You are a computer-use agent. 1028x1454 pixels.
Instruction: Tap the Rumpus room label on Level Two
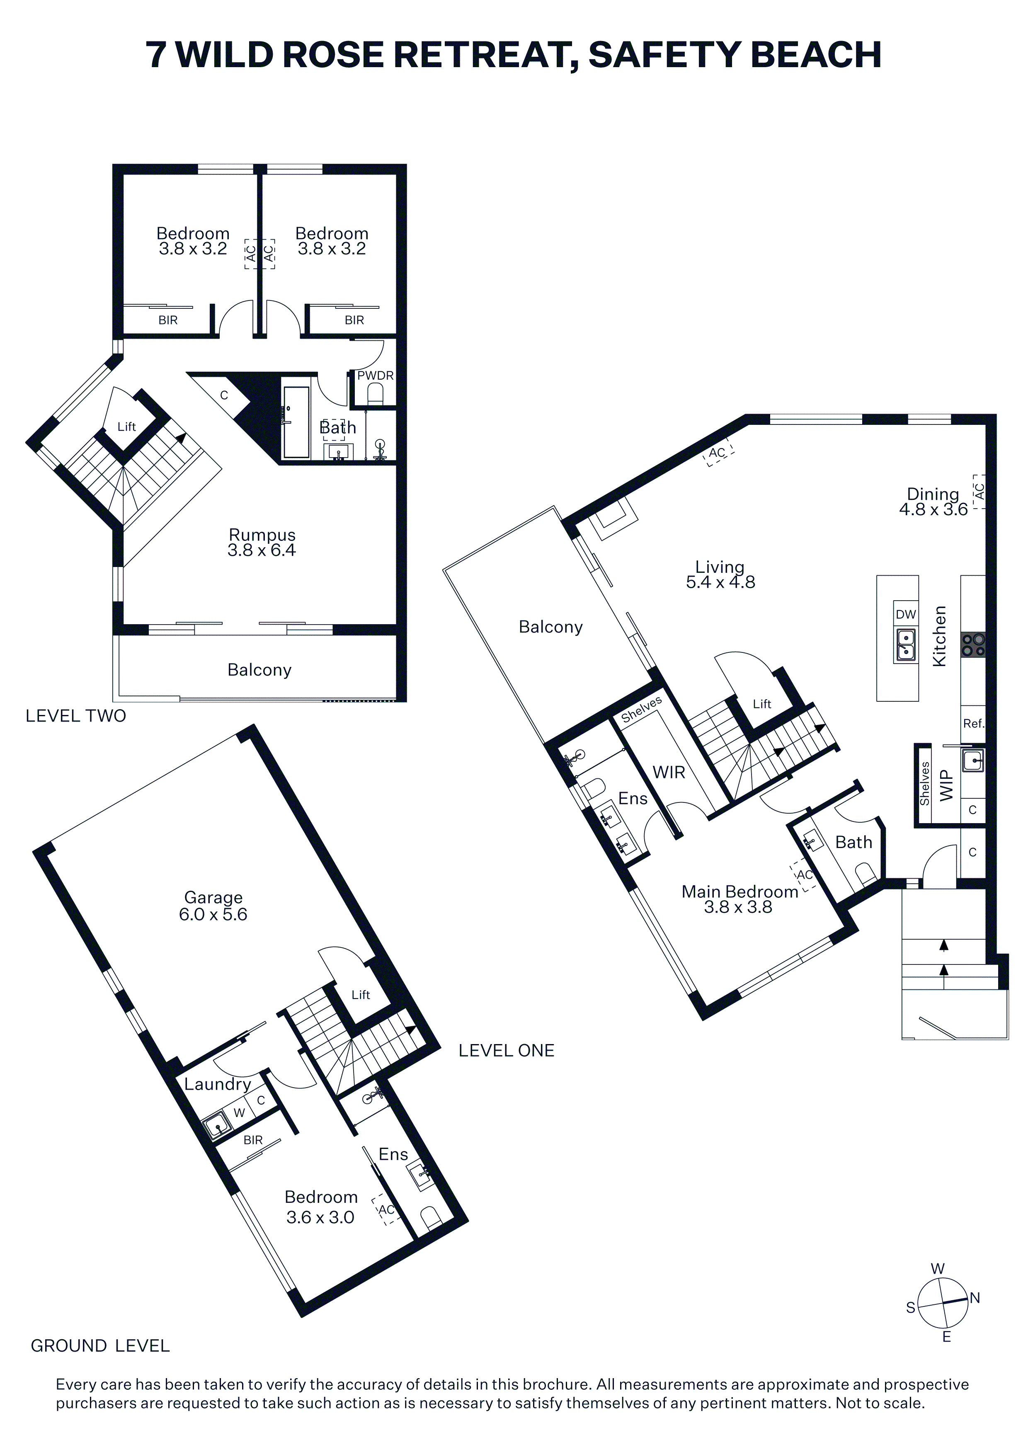pos(262,535)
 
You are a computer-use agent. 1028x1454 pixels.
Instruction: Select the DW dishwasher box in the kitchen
pos(906,614)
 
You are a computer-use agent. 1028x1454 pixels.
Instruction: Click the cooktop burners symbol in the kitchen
pos(973,645)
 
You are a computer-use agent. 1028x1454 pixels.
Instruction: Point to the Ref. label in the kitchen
pos(974,723)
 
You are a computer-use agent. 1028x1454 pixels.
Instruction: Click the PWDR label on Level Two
pos(375,376)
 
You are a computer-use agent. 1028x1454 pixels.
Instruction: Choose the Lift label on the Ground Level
pos(360,995)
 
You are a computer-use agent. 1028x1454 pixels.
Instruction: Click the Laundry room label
pos(217,1085)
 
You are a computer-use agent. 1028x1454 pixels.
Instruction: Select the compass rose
pos(943,1303)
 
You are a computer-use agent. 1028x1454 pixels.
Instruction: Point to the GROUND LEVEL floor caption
pos(100,1346)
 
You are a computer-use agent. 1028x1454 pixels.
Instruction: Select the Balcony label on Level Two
pos(259,670)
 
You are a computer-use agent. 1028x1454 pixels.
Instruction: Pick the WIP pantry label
pos(946,785)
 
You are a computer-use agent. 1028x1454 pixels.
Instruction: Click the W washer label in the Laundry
pos(240,1112)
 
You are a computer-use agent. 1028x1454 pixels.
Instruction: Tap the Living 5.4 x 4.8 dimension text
pos(720,582)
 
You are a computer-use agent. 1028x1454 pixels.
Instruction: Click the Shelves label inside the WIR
pos(641,709)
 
